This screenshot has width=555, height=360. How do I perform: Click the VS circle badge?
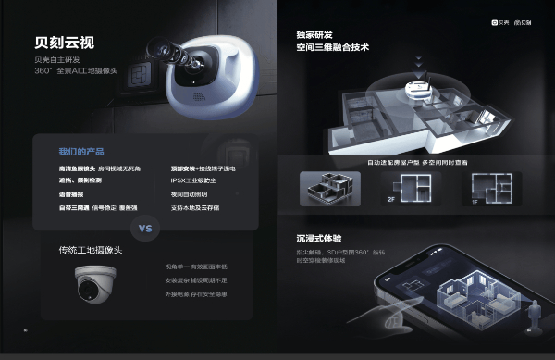click(x=145, y=228)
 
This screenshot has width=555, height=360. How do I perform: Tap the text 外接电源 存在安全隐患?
click(x=193, y=293)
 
